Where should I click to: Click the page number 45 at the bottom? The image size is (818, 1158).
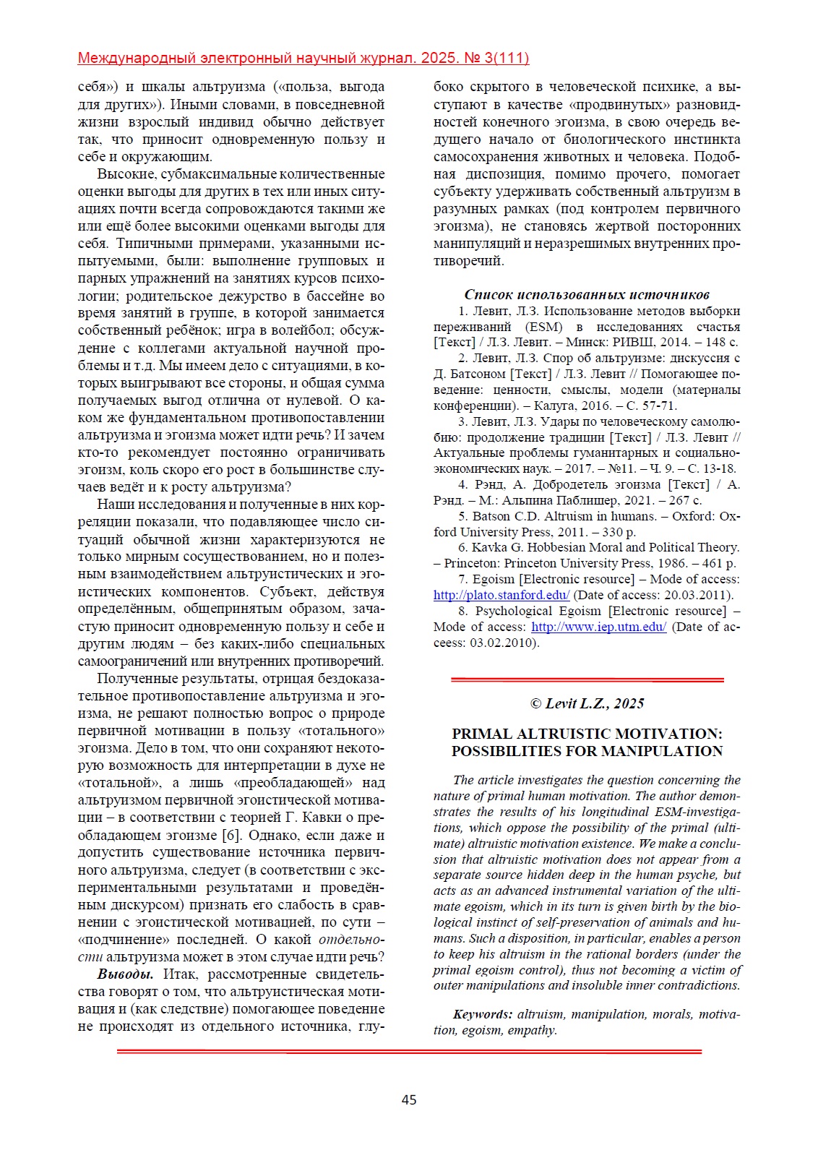click(409, 1099)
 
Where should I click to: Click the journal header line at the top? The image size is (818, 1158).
click(303, 59)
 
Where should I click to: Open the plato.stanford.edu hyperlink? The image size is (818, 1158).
click(501, 595)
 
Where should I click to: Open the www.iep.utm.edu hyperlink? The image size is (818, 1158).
click(598, 627)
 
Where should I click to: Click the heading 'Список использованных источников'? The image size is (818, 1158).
click(587, 294)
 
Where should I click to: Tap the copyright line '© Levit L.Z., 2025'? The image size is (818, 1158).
click(587, 703)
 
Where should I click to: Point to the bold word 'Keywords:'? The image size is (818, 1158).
click(483, 1014)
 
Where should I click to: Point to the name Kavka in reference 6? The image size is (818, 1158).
click(489, 547)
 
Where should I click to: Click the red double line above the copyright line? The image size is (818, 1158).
click(587, 679)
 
